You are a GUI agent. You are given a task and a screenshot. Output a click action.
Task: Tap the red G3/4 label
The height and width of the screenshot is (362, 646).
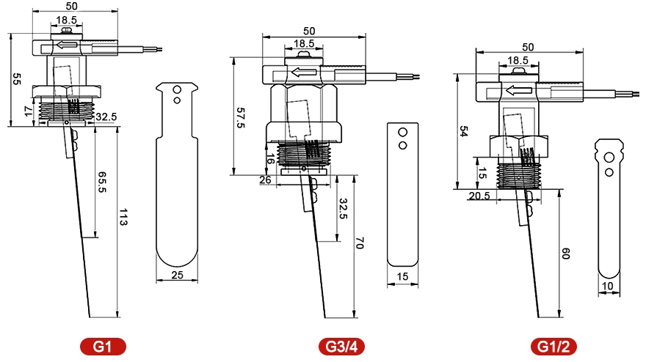(341, 346)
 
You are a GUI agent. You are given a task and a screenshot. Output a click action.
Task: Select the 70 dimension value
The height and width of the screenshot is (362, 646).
(360, 244)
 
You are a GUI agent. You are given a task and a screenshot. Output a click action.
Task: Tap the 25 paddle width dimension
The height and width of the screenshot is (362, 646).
(176, 276)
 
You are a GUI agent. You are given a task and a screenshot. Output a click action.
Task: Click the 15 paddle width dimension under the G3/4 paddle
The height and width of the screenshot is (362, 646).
(402, 276)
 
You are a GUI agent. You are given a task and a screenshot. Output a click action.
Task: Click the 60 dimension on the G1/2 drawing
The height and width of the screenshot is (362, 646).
(565, 254)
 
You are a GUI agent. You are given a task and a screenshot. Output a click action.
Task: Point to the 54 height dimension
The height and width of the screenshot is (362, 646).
(464, 130)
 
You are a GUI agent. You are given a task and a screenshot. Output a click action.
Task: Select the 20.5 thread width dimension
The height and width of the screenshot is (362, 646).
(479, 196)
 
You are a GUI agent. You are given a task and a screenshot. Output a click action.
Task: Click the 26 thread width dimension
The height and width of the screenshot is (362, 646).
(265, 180)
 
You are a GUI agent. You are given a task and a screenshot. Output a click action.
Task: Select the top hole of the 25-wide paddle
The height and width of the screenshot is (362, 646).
(176, 89)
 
